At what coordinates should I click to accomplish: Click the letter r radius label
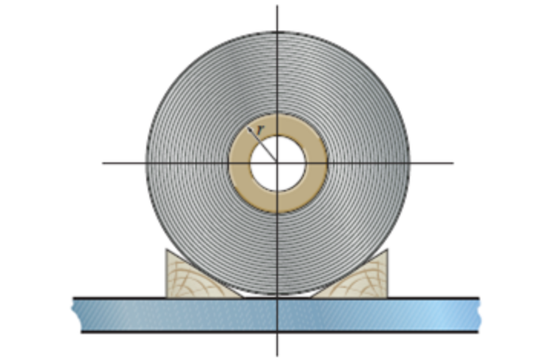(260, 131)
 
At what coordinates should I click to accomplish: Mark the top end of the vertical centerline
(278, 6)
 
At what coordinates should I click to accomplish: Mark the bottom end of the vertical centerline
(278, 355)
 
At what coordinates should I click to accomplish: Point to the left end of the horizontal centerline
(103, 163)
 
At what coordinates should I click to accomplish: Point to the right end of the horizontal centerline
(453, 163)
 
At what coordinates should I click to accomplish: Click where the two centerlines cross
(278, 163)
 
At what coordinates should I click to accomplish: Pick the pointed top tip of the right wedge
(387, 250)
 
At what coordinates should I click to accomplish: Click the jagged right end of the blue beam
(478, 314)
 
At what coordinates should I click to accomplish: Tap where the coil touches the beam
(278, 296)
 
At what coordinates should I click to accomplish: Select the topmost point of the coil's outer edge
(278, 31)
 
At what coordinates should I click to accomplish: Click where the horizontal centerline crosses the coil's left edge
(145, 163)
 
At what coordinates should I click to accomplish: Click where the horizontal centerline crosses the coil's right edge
(410, 163)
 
